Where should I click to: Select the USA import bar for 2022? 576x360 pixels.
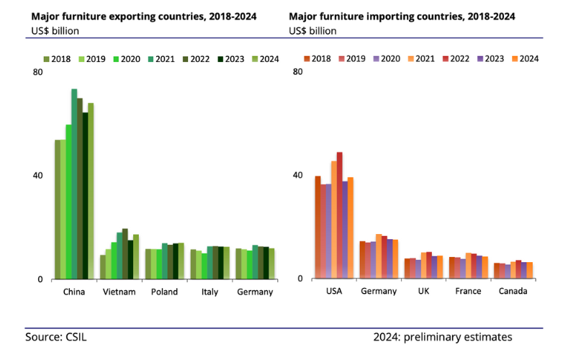[x=340, y=215]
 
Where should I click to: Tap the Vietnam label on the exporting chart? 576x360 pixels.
[x=120, y=292]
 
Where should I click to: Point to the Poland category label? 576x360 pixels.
[x=164, y=292]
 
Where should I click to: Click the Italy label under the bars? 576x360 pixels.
[x=210, y=292]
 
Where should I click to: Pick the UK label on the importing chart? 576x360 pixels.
[x=423, y=292]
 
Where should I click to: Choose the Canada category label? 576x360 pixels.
[x=513, y=292]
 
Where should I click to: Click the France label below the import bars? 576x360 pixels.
[x=468, y=292]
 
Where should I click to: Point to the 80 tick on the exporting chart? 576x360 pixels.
[x=37, y=72]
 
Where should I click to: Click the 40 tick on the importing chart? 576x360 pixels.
[x=297, y=175]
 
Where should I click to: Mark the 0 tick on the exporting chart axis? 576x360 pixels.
[x=40, y=279]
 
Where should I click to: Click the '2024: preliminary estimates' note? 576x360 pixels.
[x=443, y=337]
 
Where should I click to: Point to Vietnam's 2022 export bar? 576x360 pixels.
[x=125, y=253]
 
